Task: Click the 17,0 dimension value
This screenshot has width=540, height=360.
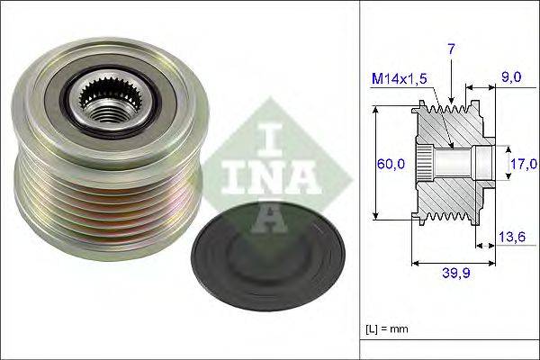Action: (524, 164)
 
